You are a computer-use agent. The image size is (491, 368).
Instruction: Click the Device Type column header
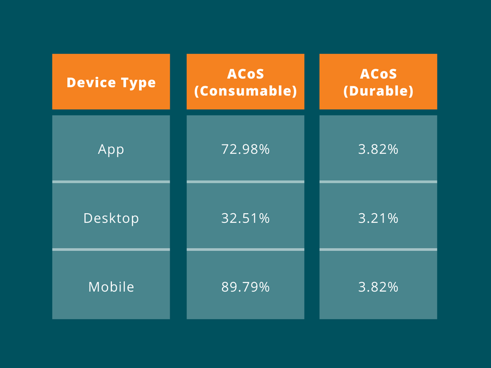click(111, 82)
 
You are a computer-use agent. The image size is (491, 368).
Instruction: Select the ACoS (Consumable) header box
click(245, 82)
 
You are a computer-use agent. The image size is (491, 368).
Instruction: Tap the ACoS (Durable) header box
click(378, 82)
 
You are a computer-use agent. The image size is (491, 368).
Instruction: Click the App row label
click(111, 149)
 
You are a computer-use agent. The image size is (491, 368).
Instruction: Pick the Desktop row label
click(111, 218)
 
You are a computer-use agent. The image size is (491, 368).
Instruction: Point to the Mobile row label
click(111, 287)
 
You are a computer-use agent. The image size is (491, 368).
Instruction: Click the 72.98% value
click(245, 149)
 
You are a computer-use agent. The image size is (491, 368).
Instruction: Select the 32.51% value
click(245, 218)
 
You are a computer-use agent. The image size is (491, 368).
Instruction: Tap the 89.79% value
click(245, 287)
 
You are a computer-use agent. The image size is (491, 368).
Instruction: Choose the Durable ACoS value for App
click(378, 149)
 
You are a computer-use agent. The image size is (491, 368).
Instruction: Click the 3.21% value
click(378, 218)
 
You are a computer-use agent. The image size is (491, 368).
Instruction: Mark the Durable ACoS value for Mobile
click(378, 287)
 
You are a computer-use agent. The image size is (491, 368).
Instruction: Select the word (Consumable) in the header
click(245, 91)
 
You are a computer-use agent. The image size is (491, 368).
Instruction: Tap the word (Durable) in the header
click(378, 91)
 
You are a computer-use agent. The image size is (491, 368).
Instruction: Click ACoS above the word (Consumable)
click(245, 74)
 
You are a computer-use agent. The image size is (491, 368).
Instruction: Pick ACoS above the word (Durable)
click(378, 74)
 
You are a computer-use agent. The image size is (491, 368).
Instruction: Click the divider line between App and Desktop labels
click(111, 182)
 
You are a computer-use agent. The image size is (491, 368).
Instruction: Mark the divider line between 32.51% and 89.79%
click(245, 249)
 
